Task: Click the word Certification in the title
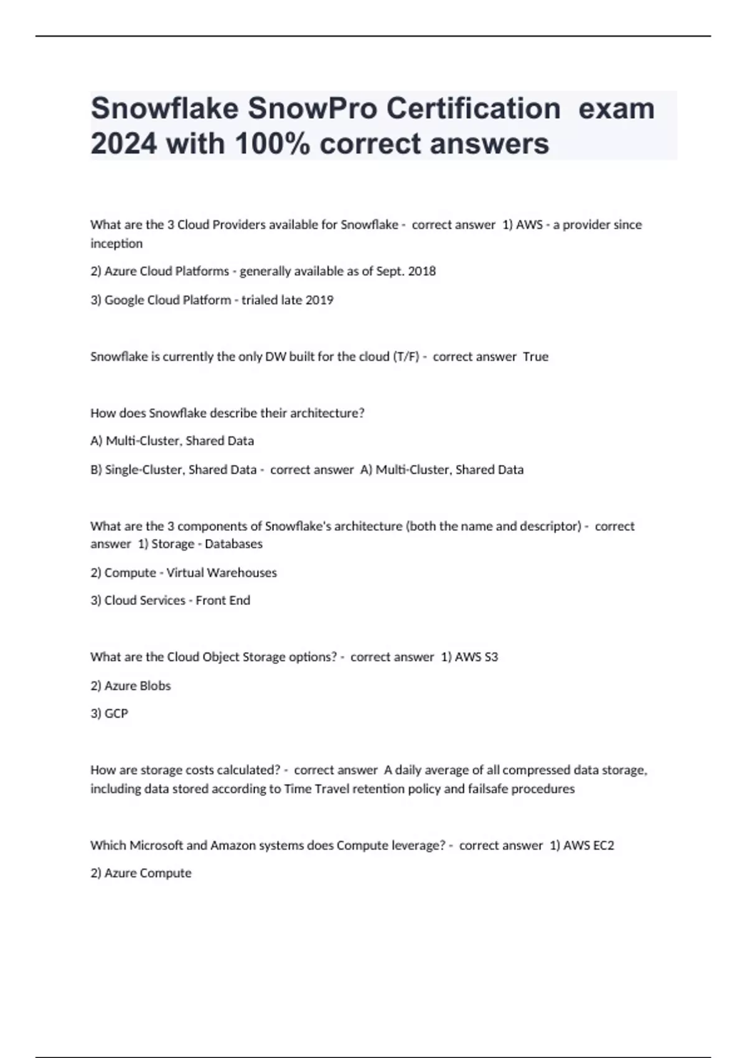point(473,109)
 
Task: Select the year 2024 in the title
point(123,144)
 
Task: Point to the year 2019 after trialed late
point(319,300)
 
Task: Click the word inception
point(116,243)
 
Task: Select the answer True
point(535,357)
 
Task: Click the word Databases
point(233,544)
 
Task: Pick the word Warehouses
point(243,573)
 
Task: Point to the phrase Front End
point(223,601)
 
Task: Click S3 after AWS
point(491,657)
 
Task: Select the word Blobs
point(155,686)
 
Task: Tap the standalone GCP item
point(116,714)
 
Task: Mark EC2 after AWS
point(603,846)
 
